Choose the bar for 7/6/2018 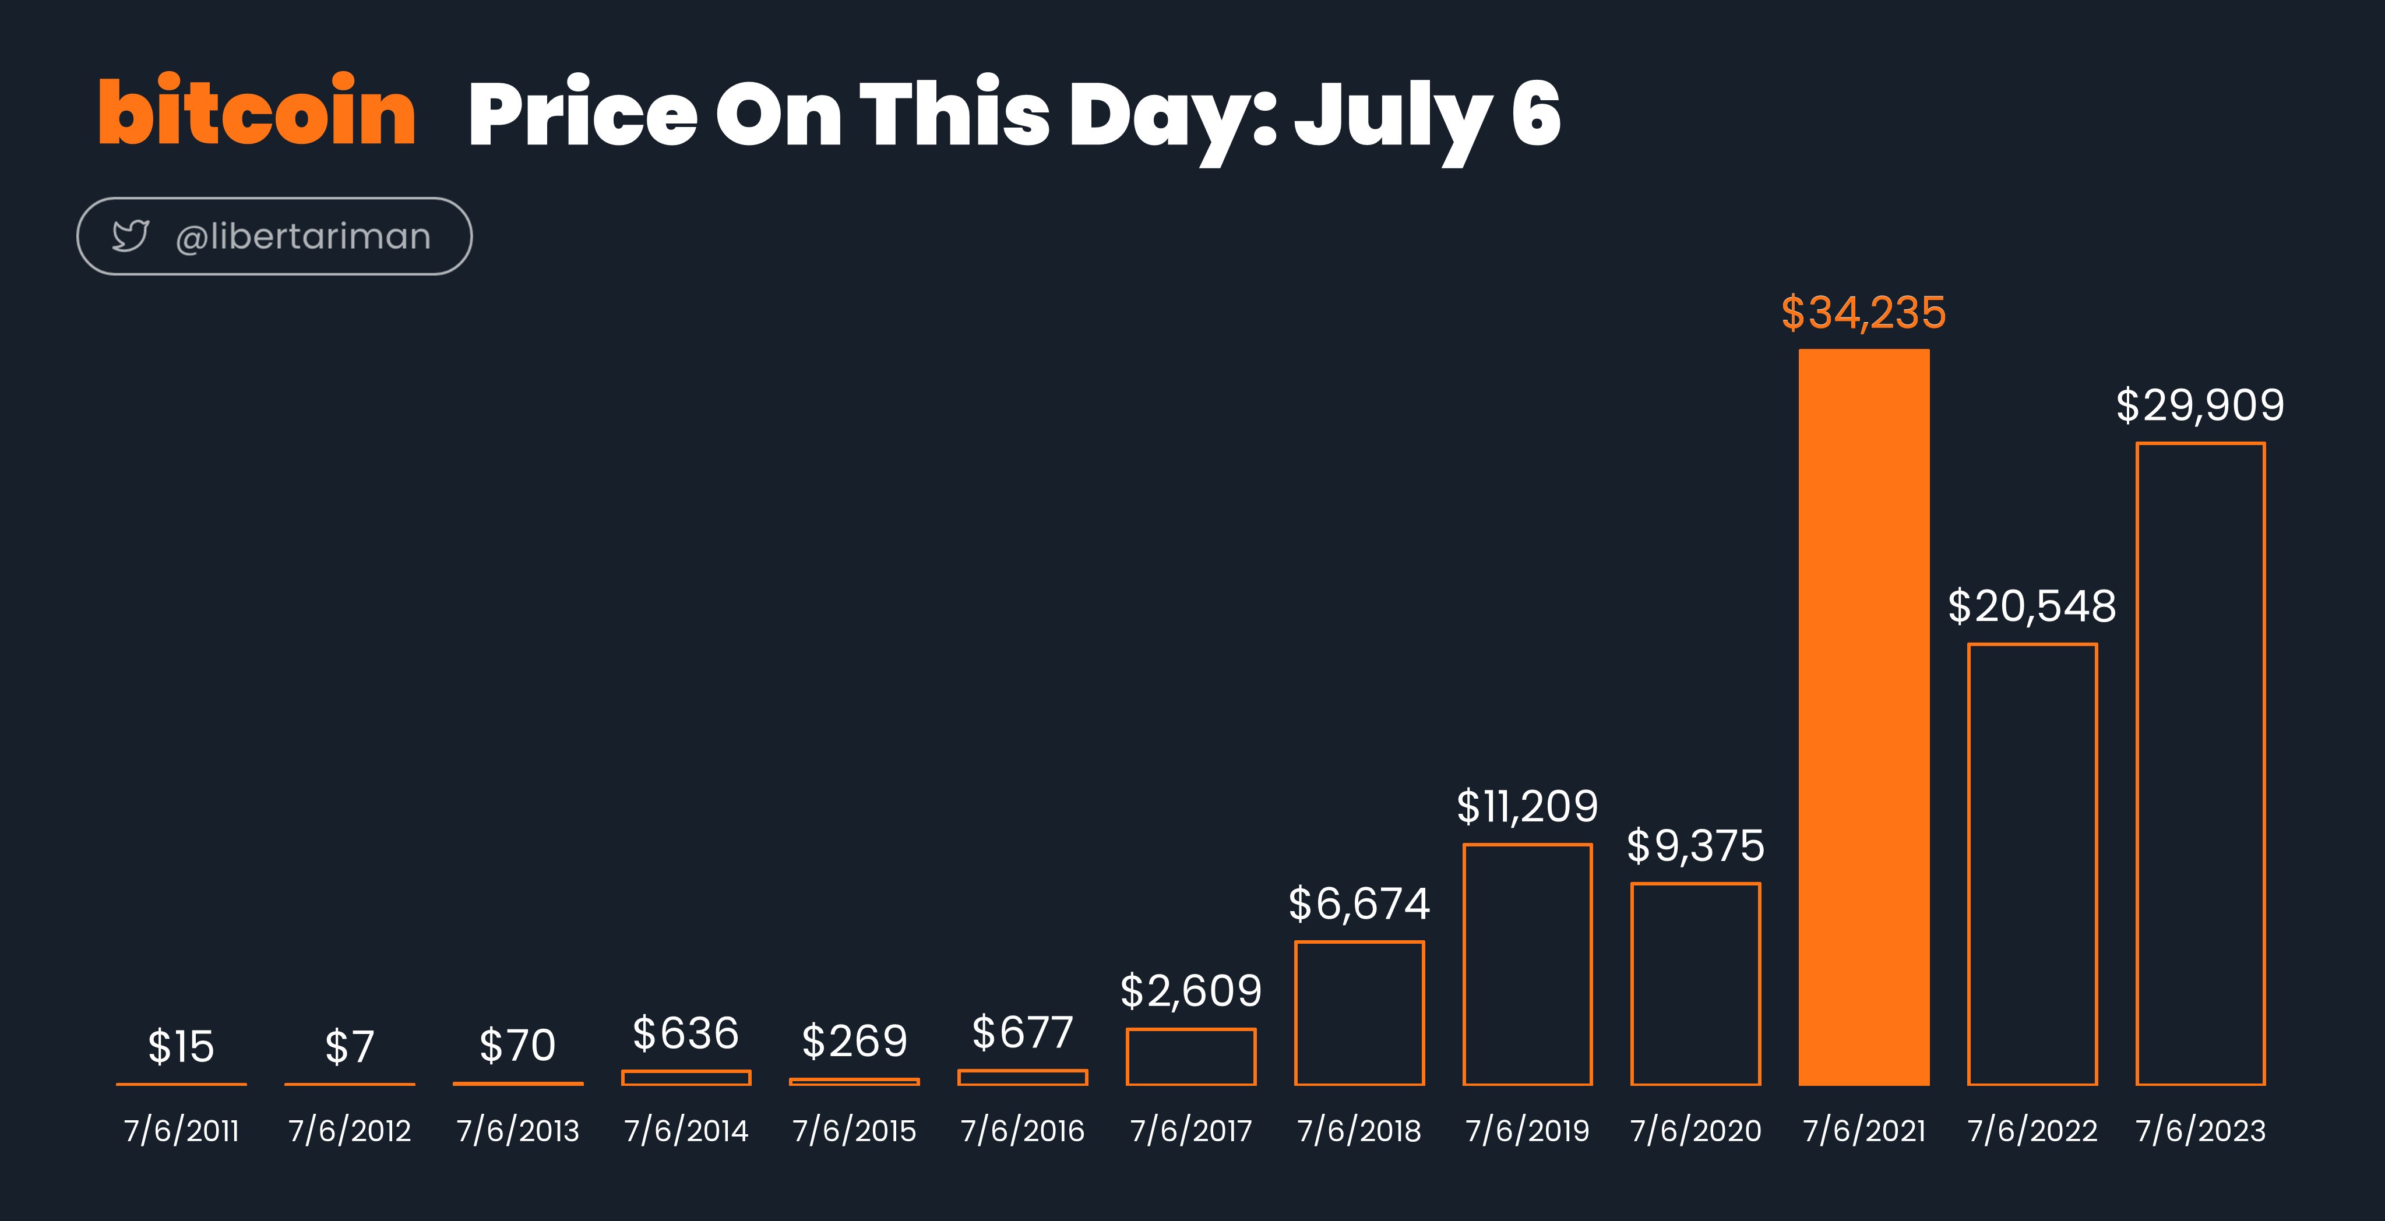coord(1296,1012)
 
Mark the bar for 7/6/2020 coord(1632,984)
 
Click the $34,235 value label coord(1863,313)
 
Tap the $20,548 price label coord(2032,606)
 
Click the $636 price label coord(686,1033)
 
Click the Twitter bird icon coord(131,236)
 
